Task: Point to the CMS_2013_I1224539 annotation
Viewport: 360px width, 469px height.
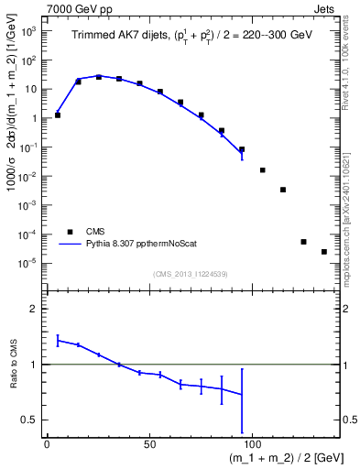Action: click(191, 274)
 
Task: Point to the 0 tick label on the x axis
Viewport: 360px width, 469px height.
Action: click(47, 443)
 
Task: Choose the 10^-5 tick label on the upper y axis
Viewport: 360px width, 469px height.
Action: click(27, 263)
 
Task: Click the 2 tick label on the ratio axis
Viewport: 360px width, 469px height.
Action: click(33, 309)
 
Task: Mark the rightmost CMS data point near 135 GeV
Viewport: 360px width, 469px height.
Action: click(324, 252)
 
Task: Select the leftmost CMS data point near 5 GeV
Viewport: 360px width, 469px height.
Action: click(58, 115)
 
